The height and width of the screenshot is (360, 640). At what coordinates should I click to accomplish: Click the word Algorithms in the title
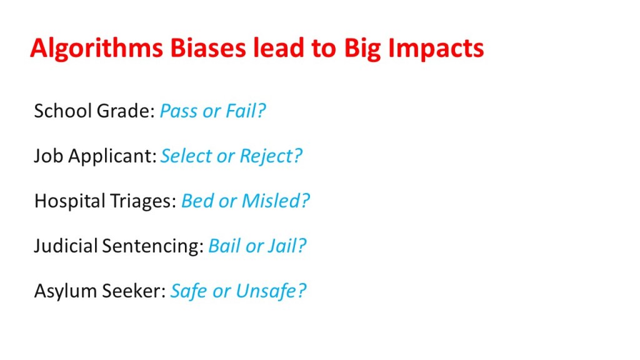97,49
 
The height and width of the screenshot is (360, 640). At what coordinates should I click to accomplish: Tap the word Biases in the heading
207,47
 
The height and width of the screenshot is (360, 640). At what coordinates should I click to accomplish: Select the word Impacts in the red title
436,49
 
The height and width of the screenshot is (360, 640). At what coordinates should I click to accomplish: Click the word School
63,111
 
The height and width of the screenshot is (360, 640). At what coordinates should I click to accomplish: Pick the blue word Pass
178,111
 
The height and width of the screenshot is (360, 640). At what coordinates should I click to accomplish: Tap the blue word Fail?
246,111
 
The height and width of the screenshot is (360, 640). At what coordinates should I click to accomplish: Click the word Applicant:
112,156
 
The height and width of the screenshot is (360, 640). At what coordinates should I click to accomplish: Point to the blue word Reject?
271,156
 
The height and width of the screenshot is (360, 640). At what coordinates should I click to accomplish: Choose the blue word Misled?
276,201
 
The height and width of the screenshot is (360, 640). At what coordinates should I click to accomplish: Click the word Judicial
66,246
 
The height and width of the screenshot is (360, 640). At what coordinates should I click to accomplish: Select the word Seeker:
134,291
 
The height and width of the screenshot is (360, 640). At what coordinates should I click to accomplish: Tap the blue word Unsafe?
271,291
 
